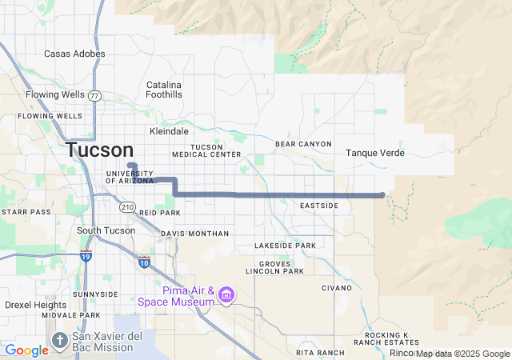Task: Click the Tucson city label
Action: click(x=100, y=150)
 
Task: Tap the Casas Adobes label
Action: click(x=74, y=54)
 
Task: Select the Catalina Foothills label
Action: click(x=164, y=90)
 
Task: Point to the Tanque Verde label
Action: click(x=374, y=153)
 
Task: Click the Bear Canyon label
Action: click(x=303, y=144)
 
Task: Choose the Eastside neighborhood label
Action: click(x=319, y=206)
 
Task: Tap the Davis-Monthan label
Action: click(x=194, y=234)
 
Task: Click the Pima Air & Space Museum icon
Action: click(x=226, y=296)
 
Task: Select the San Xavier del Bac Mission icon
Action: click(x=60, y=341)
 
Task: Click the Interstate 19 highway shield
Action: click(x=86, y=256)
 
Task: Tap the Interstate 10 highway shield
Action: click(x=144, y=262)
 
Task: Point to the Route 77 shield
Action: click(x=94, y=95)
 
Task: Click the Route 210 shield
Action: click(x=127, y=207)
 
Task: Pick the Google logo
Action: click(x=26, y=350)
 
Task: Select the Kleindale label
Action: click(x=169, y=131)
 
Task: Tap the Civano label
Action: click(x=337, y=287)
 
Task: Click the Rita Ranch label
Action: click(x=319, y=352)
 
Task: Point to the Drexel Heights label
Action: click(x=36, y=305)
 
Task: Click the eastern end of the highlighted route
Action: click(x=383, y=194)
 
